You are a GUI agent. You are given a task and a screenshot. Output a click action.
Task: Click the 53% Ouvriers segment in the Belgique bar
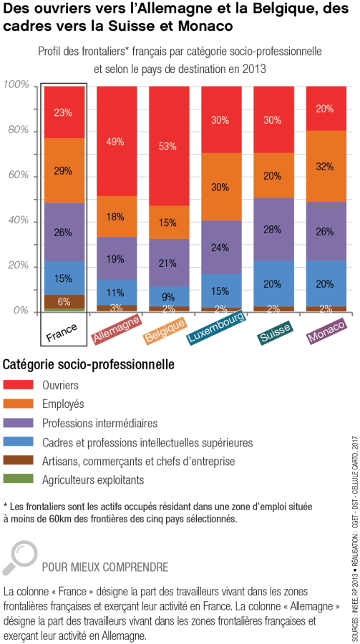[169, 146]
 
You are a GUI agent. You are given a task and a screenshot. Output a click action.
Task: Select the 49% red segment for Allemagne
[117, 141]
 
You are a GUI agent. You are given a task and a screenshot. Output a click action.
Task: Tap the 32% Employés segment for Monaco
[326, 166]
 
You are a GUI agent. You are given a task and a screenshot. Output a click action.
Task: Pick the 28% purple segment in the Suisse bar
[273, 229]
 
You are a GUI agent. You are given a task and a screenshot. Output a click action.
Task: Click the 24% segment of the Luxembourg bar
[221, 248]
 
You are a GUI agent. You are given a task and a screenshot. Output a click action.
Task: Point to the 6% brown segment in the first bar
[64, 301]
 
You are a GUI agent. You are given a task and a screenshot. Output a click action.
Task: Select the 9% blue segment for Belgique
[169, 296]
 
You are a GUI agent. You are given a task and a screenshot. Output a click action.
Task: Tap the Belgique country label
[165, 328]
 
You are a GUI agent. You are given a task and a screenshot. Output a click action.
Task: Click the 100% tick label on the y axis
[16, 85]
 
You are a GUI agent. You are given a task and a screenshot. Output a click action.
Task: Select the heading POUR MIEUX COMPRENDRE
[105, 567]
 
